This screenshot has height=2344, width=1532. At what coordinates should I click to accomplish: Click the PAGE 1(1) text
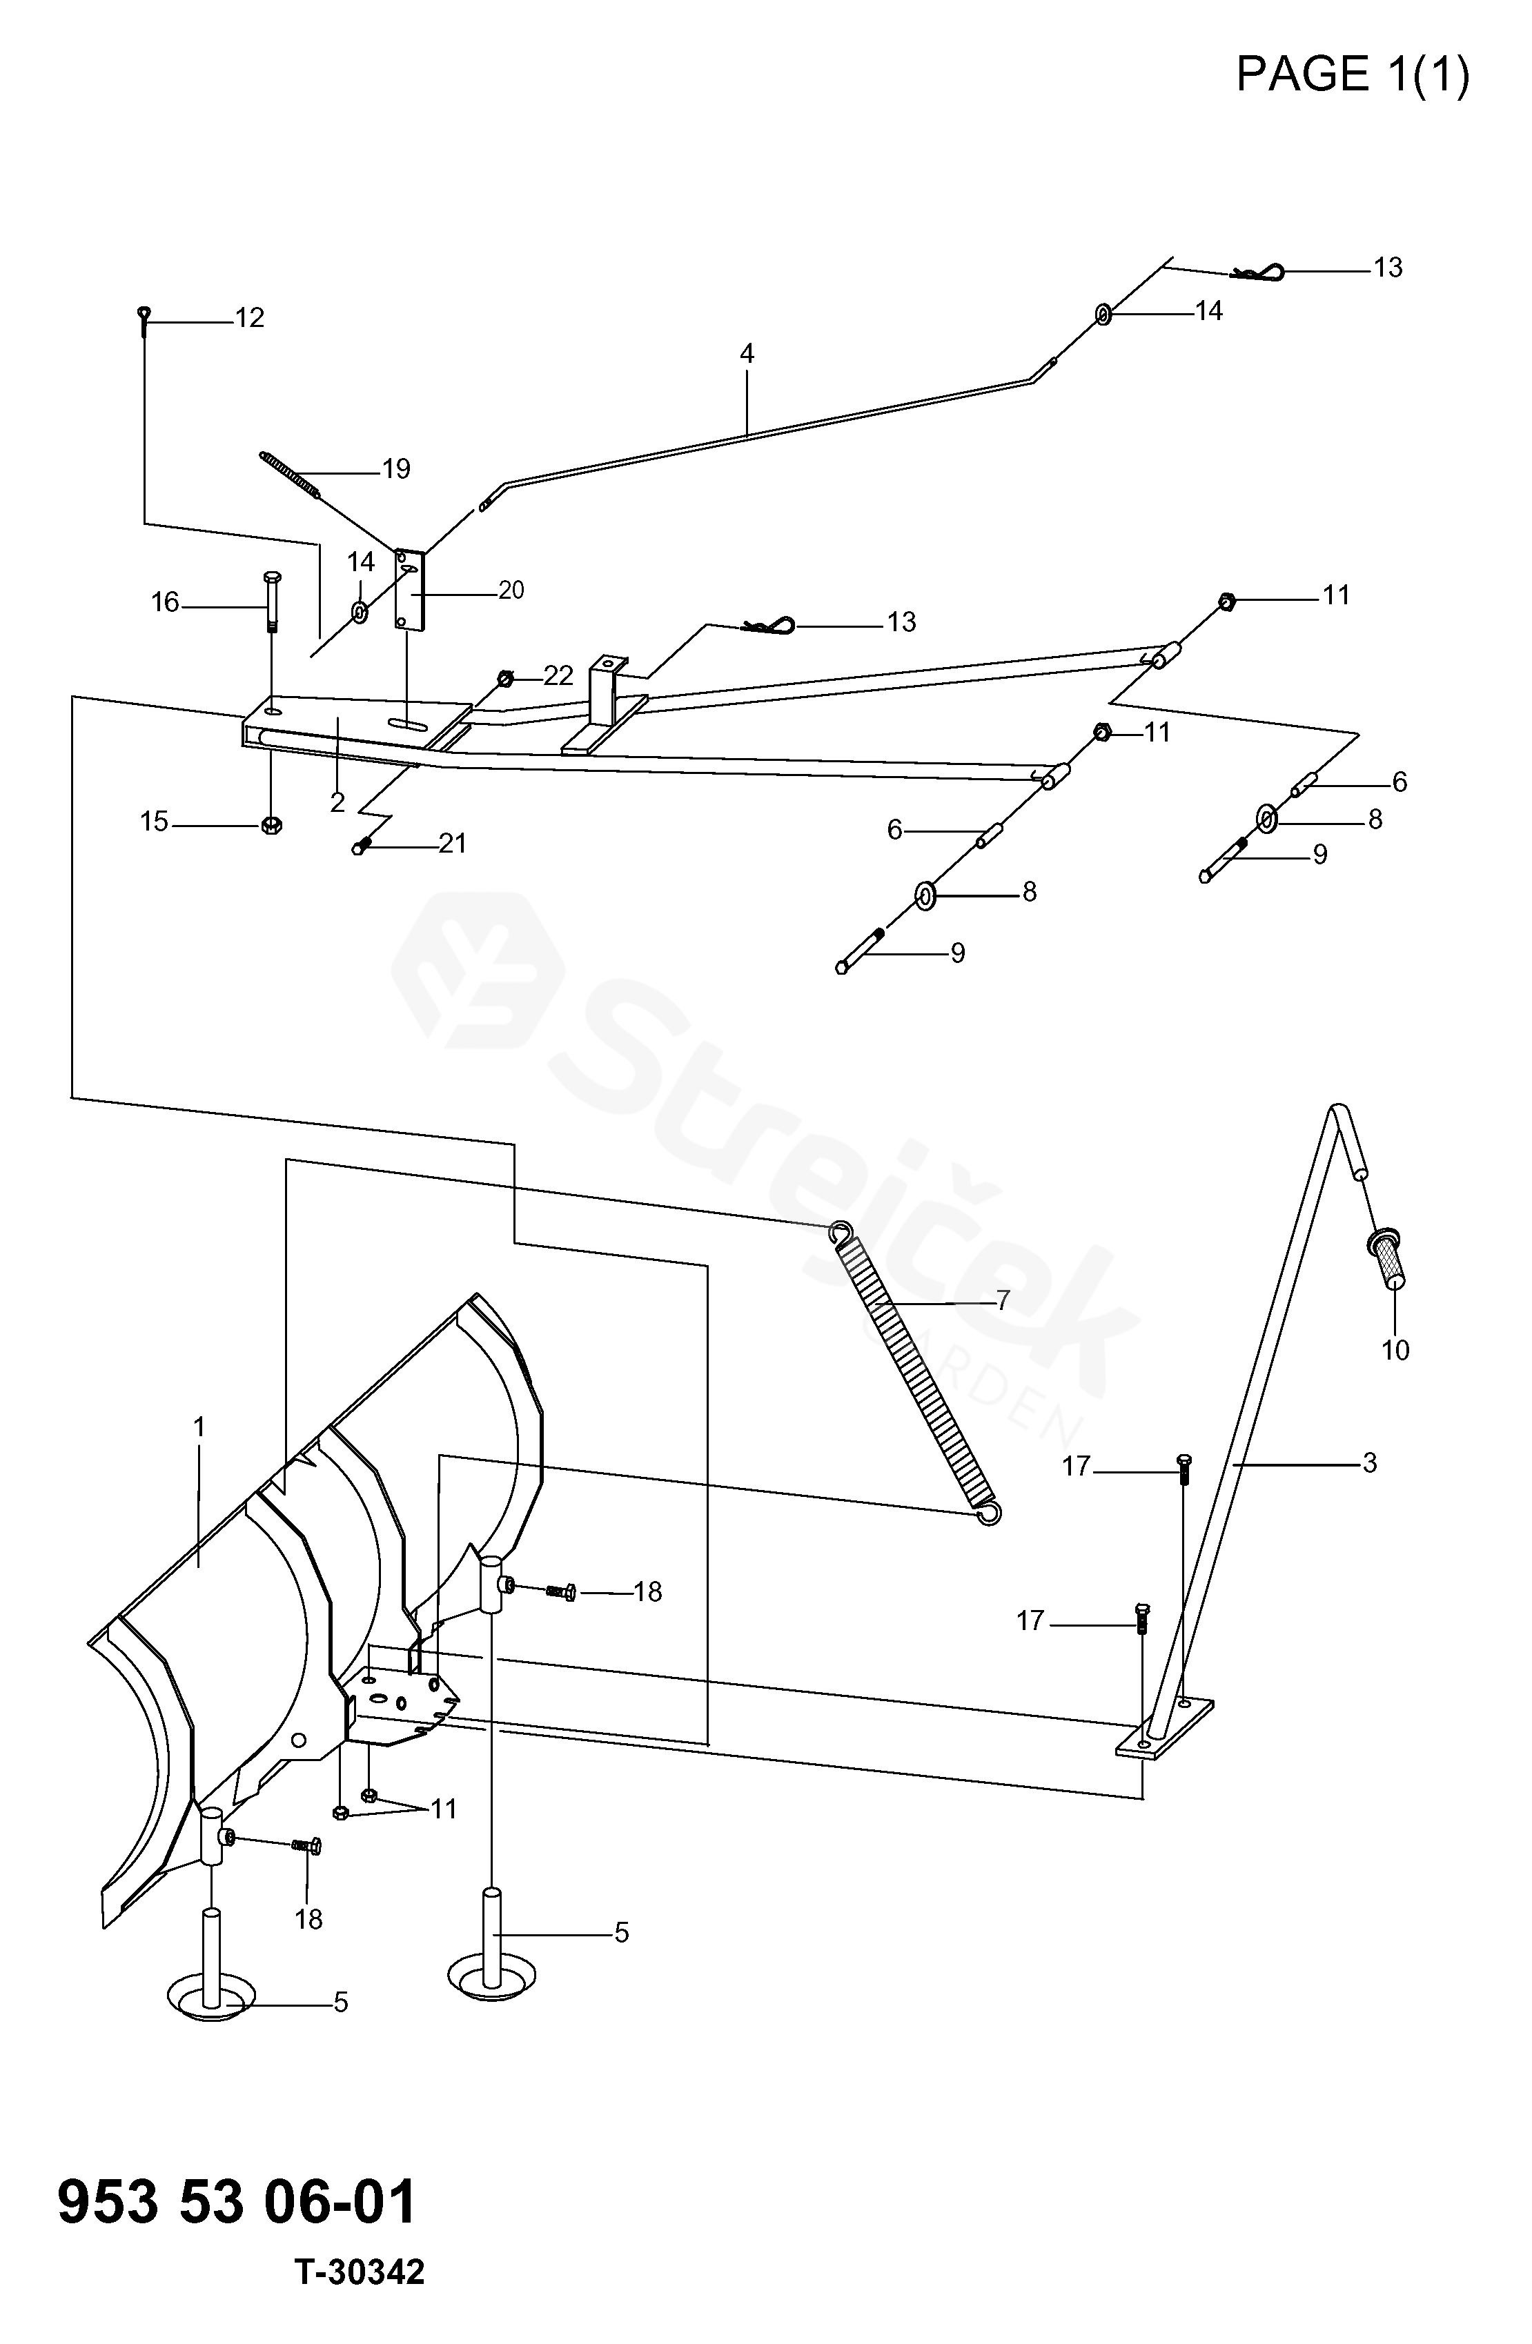(1353, 74)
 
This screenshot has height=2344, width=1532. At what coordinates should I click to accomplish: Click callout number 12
(249, 318)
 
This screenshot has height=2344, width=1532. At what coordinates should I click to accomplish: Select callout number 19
(396, 470)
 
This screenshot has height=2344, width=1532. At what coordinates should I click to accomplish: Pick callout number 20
(511, 590)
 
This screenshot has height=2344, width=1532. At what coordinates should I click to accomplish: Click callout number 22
(558, 675)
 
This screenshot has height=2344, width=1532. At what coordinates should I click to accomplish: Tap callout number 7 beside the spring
(1003, 1301)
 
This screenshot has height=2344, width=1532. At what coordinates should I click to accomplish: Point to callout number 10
(1395, 1350)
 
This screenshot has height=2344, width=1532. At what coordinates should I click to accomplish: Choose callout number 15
(154, 822)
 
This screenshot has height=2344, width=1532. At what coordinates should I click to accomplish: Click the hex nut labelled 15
(272, 825)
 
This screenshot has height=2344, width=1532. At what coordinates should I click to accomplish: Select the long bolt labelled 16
(273, 603)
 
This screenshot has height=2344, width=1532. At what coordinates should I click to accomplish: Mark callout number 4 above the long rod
(747, 354)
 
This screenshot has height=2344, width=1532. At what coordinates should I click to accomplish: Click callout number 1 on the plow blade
(199, 1427)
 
